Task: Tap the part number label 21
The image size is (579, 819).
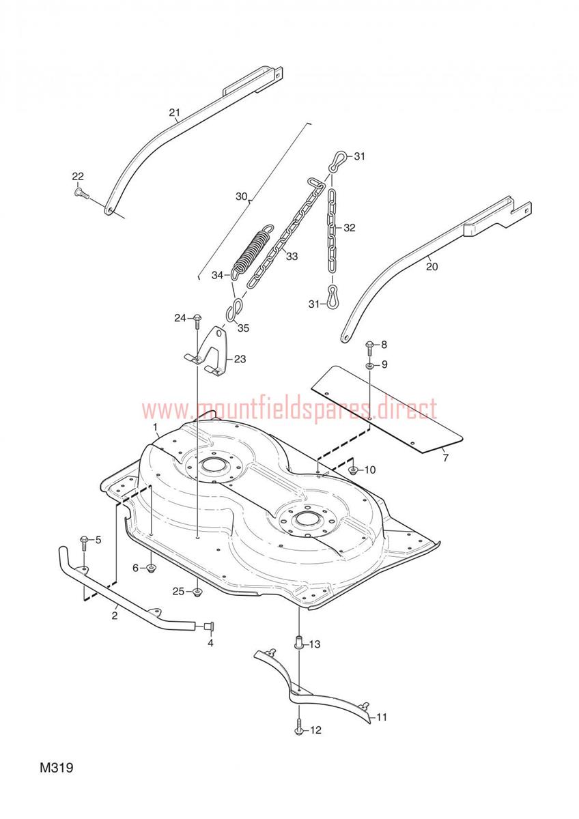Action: [175, 112]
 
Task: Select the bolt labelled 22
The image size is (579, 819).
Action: [82, 193]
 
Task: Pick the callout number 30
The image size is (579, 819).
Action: [242, 197]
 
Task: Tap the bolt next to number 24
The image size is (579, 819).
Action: [197, 321]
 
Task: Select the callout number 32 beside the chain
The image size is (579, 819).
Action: [350, 227]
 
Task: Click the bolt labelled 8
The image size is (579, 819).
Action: [369, 348]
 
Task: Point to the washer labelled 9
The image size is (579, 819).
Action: [369, 366]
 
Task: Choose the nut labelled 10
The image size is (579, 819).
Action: [353, 470]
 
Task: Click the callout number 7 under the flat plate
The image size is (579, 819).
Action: [445, 457]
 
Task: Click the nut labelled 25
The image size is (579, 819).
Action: [197, 592]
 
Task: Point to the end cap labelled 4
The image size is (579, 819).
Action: [210, 627]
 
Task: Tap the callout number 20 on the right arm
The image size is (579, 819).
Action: [432, 267]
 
